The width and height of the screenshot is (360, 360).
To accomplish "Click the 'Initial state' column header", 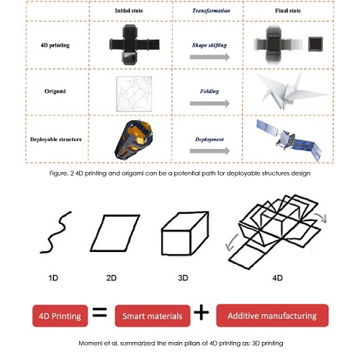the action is [129, 11].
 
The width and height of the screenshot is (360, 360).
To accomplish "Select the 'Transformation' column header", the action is [211, 11].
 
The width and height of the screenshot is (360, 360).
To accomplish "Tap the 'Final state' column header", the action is [288, 11].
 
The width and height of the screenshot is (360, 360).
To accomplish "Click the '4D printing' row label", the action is [55, 45].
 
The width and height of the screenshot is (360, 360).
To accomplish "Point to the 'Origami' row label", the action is [55, 91].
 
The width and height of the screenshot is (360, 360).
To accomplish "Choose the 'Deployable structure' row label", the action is [56, 140].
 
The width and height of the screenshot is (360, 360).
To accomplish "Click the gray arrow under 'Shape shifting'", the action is [210, 57].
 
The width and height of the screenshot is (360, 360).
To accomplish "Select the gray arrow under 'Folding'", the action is [210, 104].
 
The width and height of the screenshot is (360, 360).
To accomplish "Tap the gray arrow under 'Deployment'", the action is [210, 151].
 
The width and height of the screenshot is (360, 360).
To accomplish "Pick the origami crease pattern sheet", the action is [134, 94].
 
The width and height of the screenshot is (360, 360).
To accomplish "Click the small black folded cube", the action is [315, 44].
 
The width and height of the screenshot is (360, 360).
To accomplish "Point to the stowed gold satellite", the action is [133, 140].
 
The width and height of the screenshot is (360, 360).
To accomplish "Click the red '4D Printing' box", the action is [60, 316].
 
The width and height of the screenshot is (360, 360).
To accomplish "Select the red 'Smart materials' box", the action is [153, 316].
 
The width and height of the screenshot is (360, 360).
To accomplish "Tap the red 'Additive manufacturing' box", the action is [272, 315].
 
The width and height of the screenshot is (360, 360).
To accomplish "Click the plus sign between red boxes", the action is [202, 312].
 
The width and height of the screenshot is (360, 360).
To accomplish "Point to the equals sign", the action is [99, 312].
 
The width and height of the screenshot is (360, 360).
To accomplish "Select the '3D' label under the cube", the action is [183, 278].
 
